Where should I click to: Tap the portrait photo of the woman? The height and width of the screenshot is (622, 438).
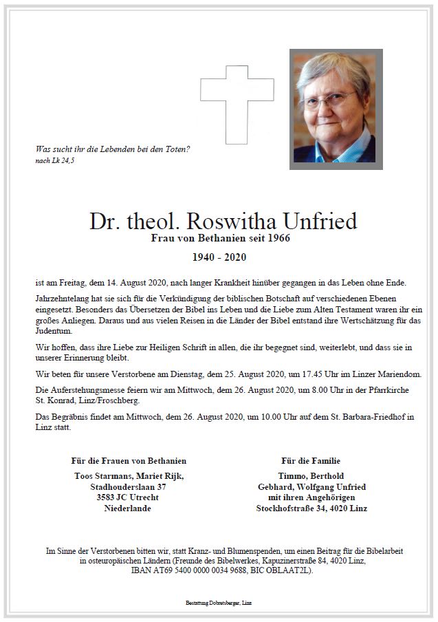[336, 109]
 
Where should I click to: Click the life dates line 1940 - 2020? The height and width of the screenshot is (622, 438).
[219, 258]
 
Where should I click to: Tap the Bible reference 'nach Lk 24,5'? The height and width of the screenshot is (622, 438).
[54, 160]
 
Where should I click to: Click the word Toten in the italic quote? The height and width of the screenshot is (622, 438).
[176, 149]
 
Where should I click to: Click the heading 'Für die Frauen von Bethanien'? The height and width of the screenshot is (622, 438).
[129, 460]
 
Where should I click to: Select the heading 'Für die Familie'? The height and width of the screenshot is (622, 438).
[311, 460]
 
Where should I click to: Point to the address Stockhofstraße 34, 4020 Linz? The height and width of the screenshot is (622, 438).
[311, 508]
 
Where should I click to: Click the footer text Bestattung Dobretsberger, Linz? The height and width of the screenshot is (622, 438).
[219, 602]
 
